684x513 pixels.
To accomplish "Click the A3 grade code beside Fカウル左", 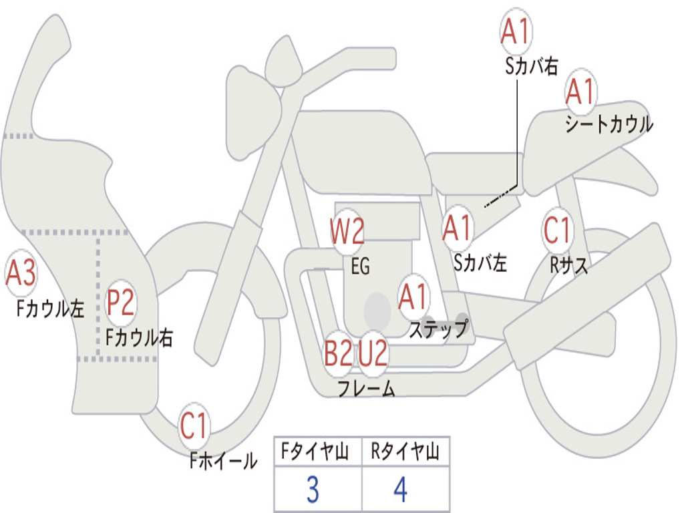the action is [21, 273].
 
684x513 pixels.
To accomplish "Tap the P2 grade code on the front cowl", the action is [121, 303].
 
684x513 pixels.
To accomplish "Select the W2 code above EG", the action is [347, 232].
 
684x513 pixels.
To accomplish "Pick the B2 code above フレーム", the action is [338, 353].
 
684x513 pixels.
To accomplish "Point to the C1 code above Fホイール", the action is [194, 425].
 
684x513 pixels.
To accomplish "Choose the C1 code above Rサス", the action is [557, 231].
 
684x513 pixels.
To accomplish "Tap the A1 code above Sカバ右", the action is [516, 31].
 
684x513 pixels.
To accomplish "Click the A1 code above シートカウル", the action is [580, 92].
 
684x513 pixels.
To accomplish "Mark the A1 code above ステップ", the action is [413, 297].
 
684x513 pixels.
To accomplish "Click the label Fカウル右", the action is [139, 338].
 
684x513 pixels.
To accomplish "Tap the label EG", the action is [360, 267].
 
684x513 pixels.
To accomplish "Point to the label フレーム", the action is [366, 388].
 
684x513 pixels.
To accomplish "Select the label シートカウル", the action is [609, 125].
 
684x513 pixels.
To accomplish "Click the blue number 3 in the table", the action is [312, 490].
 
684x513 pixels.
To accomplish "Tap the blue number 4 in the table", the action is [399, 490].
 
